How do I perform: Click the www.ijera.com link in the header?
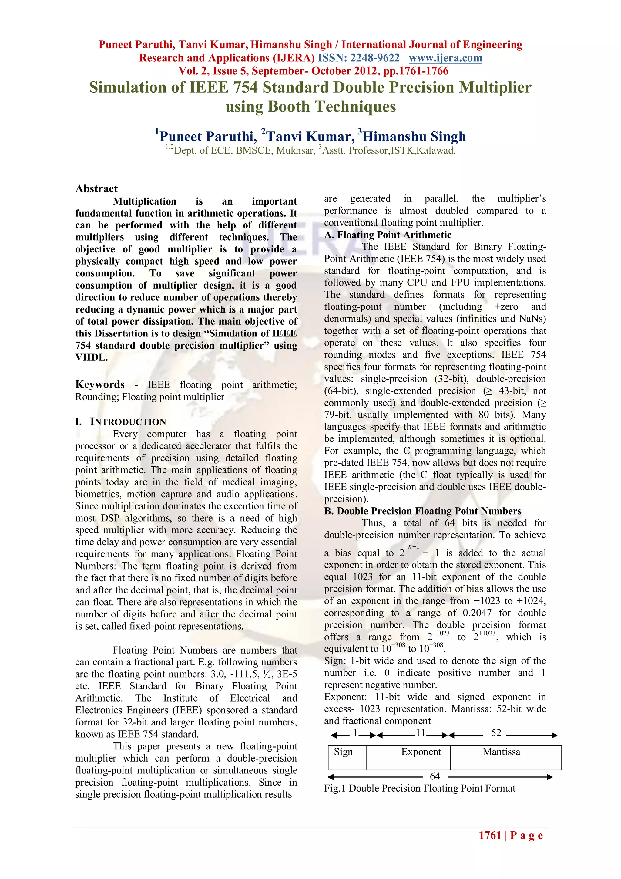(x=445, y=58)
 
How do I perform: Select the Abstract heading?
(x=96, y=188)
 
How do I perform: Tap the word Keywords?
(x=100, y=384)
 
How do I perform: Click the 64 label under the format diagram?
(x=435, y=776)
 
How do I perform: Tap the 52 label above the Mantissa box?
(x=496, y=733)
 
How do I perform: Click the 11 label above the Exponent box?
(x=421, y=733)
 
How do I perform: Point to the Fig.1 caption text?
(x=419, y=788)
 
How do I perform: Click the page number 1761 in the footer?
(x=490, y=835)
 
